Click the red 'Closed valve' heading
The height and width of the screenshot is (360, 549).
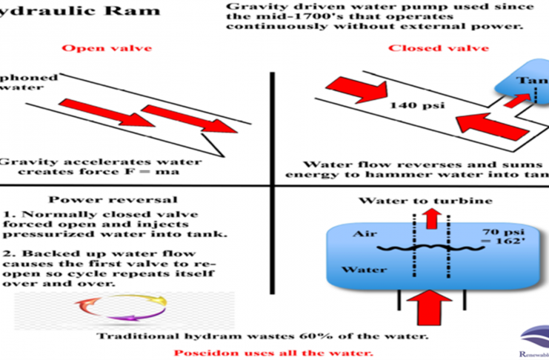[x=439, y=48]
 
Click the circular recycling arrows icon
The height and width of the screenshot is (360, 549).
[x=117, y=313]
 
